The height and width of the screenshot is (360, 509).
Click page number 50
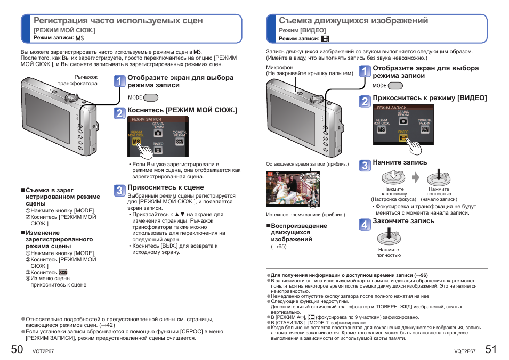[17, 349]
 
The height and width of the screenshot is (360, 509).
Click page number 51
[491, 349]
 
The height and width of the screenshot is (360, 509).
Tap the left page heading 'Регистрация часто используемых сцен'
[118, 21]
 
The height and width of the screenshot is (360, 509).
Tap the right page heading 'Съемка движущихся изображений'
[353, 21]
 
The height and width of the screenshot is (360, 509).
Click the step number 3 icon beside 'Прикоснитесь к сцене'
[120, 191]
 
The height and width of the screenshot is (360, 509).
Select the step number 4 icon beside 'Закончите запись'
[365, 224]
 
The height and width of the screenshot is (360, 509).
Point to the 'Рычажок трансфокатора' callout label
[78, 80]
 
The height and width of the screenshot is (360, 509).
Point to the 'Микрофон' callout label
[280, 68]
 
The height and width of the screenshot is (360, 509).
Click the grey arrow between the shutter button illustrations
[416, 177]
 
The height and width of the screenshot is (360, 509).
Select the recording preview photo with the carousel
[293, 190]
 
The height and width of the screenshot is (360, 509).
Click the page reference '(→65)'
[279, 247]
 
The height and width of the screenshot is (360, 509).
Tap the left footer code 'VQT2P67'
[43, 351]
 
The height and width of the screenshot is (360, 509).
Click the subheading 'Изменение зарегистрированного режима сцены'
[59, 240]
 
